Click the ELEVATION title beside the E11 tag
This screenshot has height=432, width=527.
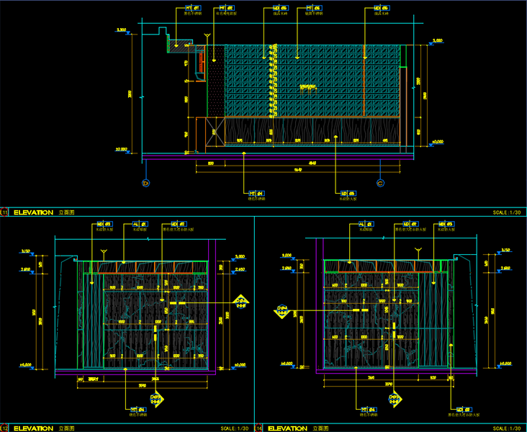(x=33, y=212)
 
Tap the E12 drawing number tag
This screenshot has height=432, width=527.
(x=4, y=428)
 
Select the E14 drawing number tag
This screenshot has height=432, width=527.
(x=258, y=428)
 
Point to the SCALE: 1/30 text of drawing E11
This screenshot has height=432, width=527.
(x=508, y=212)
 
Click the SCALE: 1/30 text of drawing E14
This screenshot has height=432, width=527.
(x=508, y=428)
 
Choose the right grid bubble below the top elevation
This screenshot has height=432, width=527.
(x=379, y=183)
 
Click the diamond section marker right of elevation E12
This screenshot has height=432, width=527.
(x=242, y=301)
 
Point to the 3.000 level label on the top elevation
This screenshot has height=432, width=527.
(x=437, y=41)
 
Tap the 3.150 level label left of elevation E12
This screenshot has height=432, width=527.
(x=26, y=251)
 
